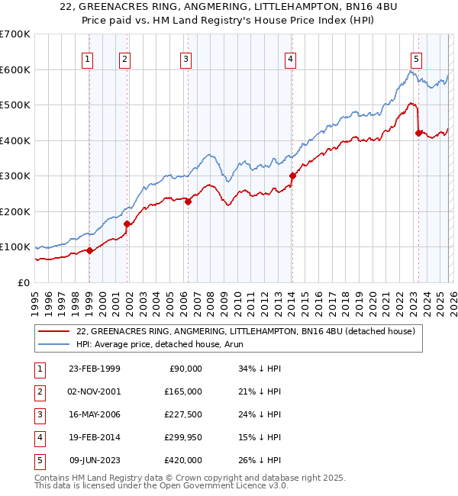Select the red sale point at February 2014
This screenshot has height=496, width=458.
click(292, 176)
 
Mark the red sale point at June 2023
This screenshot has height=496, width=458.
click(418, 133)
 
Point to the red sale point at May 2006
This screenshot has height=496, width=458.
click(188, 201)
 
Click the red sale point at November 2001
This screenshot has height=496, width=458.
click(127, 224)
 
